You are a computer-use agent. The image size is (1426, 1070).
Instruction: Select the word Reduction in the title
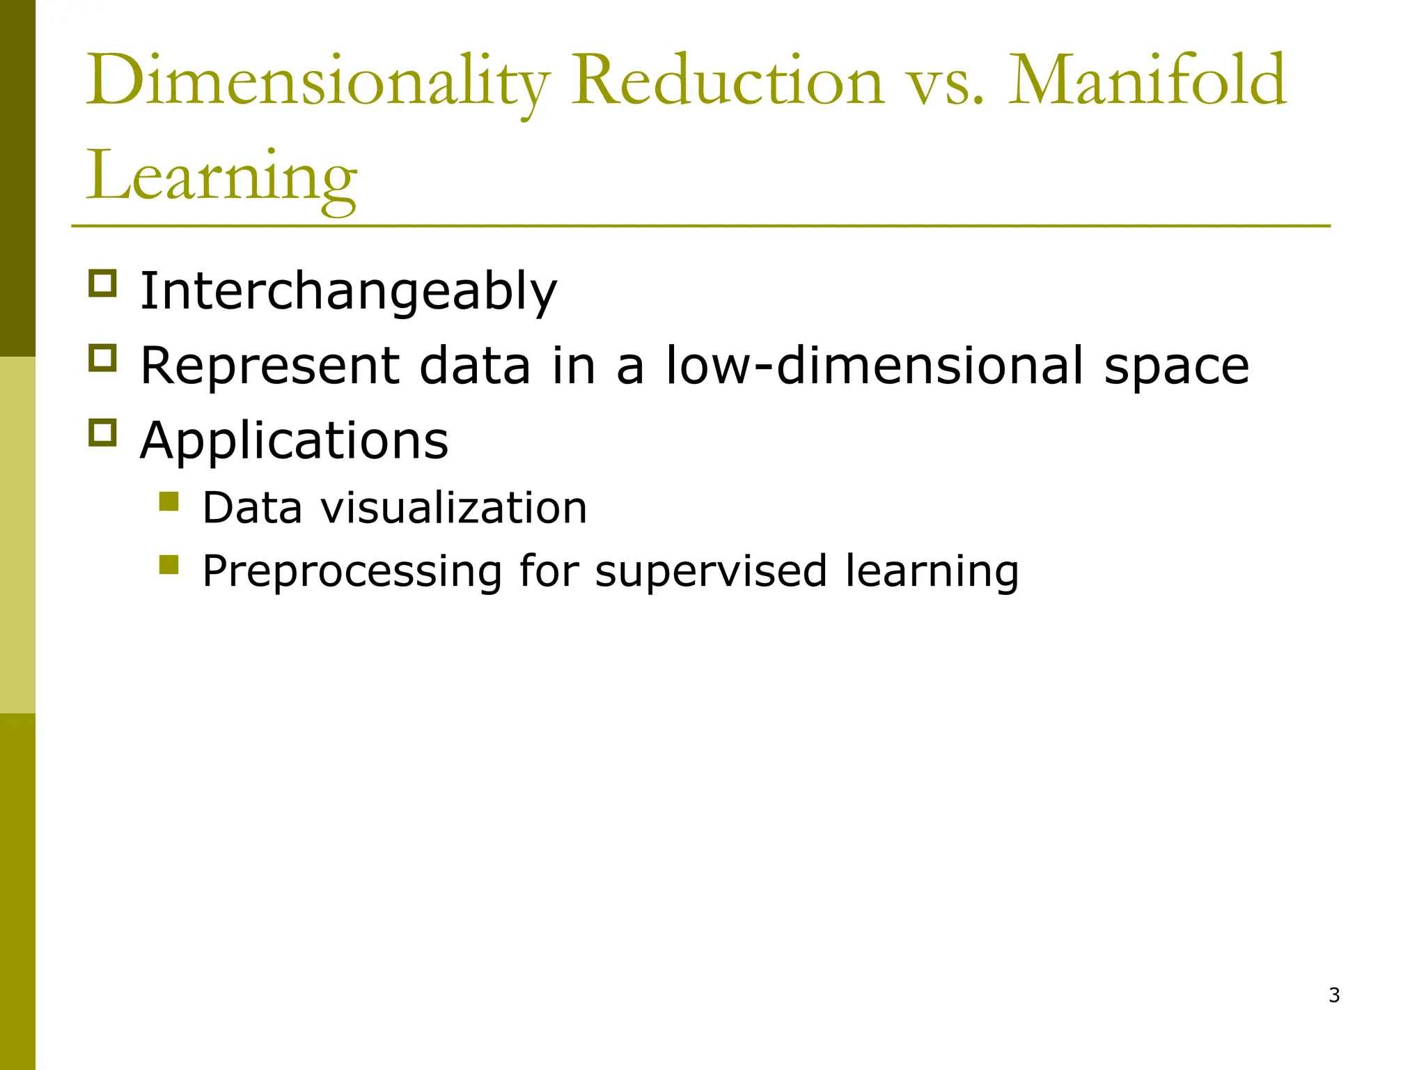pos(727,82)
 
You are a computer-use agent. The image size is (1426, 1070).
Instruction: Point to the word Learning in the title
pos(221,177)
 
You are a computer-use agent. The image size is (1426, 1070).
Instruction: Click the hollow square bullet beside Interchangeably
pos(102,284)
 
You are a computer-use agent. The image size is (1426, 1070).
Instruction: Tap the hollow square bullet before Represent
pos(102,358)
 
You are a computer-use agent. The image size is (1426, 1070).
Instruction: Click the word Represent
pos(270,366)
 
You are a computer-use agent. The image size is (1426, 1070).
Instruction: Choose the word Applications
pos(294,442)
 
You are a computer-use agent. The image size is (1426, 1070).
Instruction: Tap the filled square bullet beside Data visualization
pos(169,502)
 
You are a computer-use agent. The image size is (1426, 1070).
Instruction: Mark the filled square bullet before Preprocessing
pos(169,564)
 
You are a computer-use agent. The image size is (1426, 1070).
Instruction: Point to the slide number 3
pos(1334,995)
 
